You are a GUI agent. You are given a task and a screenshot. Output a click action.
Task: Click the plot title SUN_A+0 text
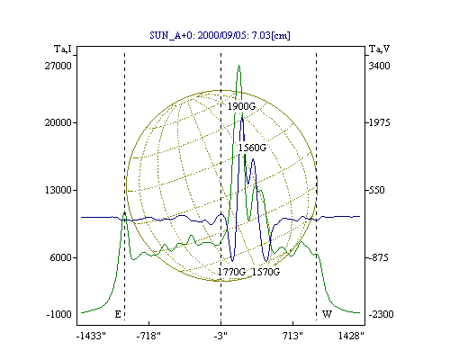tap(220, 35)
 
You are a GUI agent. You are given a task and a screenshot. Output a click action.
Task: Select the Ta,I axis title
tap(63, 49)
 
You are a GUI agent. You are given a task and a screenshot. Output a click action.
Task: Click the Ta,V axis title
tap(379, 49)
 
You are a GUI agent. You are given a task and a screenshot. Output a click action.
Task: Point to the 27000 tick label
tap(58, 66)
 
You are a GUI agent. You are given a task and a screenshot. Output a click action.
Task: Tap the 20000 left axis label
tap(58, 122)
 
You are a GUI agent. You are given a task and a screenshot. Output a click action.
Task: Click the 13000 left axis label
tap(58, 190)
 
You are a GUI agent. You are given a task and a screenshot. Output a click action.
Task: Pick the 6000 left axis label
tap(61, 257)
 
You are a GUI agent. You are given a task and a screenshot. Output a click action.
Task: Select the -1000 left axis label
tap(59, 314)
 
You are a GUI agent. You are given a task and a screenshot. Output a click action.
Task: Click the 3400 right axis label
tap(379, 66)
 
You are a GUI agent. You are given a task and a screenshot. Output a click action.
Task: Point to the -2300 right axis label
tap(381, 314)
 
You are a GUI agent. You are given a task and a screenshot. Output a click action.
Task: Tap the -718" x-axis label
tap(148, 336)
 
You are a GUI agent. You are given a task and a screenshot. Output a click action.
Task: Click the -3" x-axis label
tap(220, 336)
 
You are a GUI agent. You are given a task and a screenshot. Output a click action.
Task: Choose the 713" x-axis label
tap(292, 336)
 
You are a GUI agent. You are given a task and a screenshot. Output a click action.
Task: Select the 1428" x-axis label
tap(351, 336)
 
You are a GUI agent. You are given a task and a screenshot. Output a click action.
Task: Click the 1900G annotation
tap(241, 106)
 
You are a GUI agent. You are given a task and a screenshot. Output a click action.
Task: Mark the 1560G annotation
tap(252, 148)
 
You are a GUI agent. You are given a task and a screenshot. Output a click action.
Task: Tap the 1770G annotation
tap(231, 272)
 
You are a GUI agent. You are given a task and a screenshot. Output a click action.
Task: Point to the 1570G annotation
tap(265, 272)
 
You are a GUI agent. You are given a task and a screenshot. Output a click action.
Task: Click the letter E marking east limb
tap(118, 314)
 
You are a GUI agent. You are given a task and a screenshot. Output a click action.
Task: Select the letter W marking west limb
tap(327, 314)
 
